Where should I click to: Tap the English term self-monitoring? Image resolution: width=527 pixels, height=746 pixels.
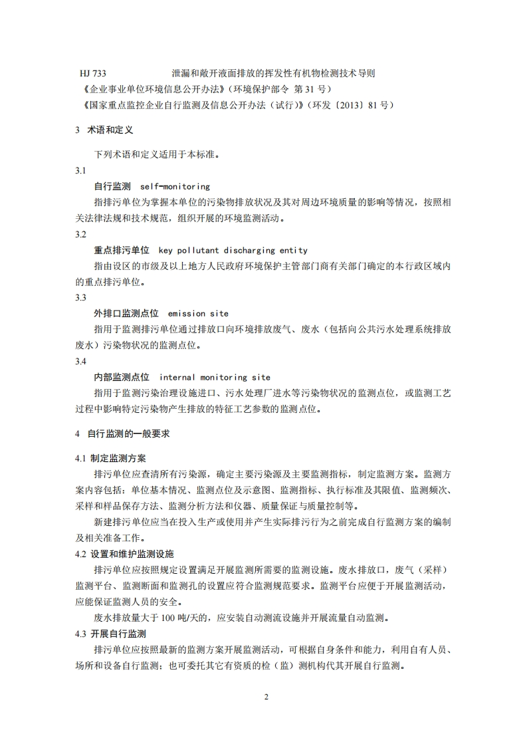[x=175, y=187]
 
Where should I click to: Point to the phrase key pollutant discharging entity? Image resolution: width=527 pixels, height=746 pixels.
[x=233, y=251]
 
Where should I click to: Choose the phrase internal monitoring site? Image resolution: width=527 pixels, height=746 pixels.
[x=215, y=377]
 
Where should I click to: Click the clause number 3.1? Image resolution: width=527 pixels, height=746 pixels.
[x=80, y=171]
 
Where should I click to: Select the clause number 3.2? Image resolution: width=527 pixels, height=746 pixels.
[x=80, y=235]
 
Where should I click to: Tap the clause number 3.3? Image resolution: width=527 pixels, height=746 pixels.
[x=80, y=297]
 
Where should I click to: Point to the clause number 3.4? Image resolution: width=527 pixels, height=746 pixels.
[x=80, y=361]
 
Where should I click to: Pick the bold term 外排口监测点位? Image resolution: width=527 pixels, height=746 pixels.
[x=126, y=313]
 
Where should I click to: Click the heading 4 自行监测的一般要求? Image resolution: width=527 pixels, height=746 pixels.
[x=122, y=434]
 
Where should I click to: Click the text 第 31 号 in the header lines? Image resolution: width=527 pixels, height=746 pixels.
[x=312, y=88]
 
